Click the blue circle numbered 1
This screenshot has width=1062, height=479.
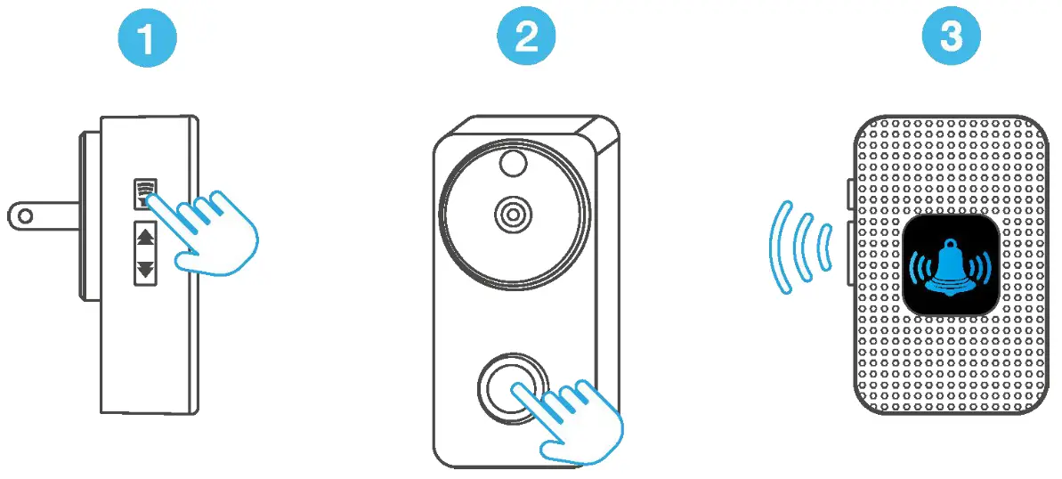click(148, 40)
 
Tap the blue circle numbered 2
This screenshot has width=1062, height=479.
click(526, 40)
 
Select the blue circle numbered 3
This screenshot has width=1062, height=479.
click(950, 40)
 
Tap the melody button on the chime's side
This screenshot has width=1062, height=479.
click(144, 190)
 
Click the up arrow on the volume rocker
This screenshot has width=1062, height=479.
click(145, 238)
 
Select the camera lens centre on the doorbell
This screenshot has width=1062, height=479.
click(513, 214)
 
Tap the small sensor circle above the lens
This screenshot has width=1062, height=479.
click(513, 161)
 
